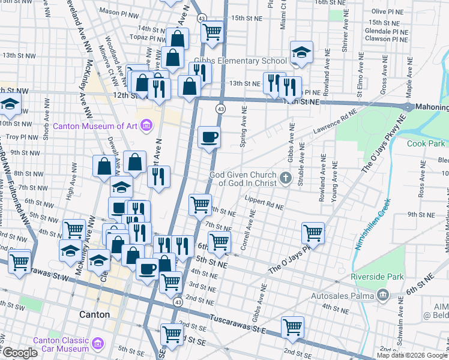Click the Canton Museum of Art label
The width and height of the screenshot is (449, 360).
click(99, 126)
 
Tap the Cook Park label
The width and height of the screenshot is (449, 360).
click(427, 143)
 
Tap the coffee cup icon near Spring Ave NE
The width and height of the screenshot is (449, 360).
click(209, 137)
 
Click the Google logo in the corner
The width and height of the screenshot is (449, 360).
click(20, 353)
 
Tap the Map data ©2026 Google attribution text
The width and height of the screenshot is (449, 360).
click(412, 355)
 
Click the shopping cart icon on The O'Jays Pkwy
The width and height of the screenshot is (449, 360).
click(313, 233)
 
